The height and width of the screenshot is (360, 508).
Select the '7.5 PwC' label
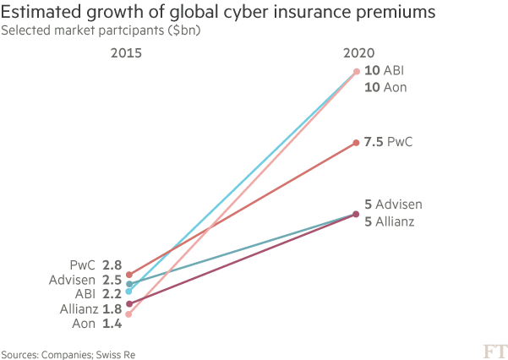click(388, 143)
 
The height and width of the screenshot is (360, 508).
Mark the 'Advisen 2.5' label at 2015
click(87, 280)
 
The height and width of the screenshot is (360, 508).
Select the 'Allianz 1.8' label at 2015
click(89, 308)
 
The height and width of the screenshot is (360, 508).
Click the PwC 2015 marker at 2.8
click(128, 275)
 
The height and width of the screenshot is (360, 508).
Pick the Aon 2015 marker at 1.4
click(128, 314)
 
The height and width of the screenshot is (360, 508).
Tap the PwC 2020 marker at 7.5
click(356, 143)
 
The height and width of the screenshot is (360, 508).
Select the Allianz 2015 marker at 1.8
click(128, 303)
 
